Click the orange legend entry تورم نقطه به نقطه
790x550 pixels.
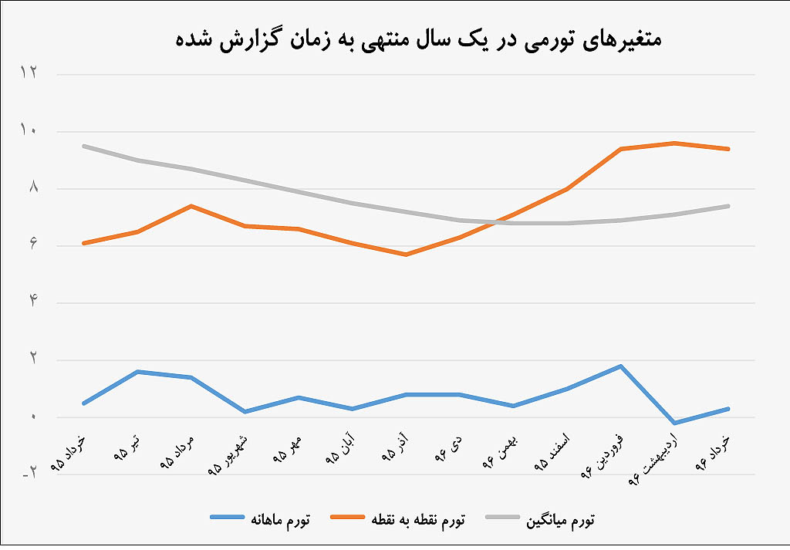click(x=399, y=519)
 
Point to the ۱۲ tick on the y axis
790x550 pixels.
click(x=29, y=74)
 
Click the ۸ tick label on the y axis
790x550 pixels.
click(x=32, y=188)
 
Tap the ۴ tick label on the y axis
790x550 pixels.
click(x=32, y=302)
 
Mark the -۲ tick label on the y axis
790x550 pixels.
click(x=29, y=474)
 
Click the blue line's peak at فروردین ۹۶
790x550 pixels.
click(x=622, y=366)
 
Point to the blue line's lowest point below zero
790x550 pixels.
click(x=675, y=423)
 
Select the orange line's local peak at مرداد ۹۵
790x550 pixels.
click(x=191, y=206)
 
